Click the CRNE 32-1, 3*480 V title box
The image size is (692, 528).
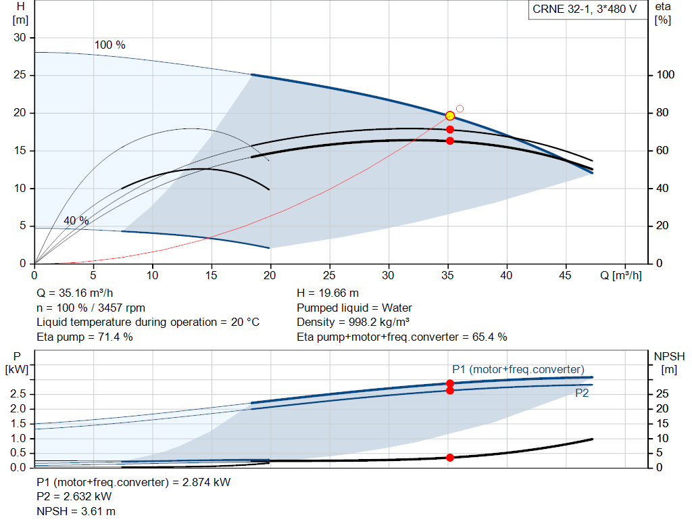point(585,10)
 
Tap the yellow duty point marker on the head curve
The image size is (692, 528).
point(450,116)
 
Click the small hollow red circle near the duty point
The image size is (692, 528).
point(460,108)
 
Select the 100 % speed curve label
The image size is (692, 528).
point(109,45)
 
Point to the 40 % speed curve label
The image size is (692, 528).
point(76,220)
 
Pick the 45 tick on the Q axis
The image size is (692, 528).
point(566,275)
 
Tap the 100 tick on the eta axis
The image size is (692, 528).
point(666,75)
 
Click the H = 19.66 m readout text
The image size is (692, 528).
point(328,293)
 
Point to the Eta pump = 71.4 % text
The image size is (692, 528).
point(84,337)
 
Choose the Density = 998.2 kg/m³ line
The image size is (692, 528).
point(353,322)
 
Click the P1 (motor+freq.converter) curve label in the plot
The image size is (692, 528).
point(518,369)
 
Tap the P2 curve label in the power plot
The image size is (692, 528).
point(582,393)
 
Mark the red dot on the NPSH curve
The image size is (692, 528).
point(450,458)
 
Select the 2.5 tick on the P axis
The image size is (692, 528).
point(19,393)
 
